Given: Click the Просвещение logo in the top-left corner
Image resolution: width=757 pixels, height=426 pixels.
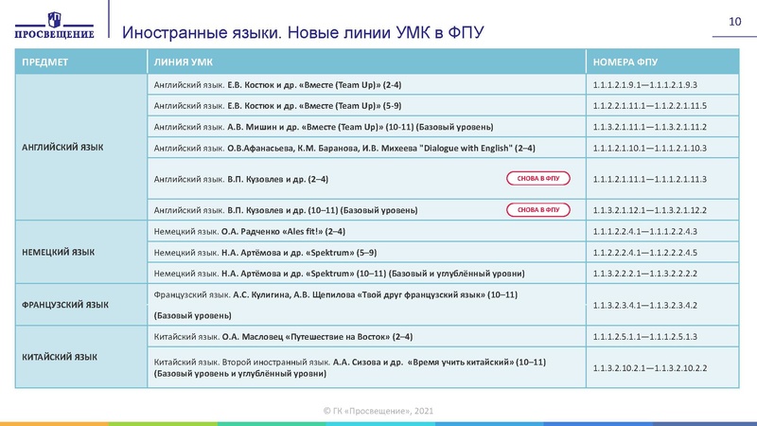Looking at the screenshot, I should pyautogui.click(x=54, y=22).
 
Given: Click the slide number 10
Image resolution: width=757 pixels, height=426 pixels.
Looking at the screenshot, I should pyautogui.click(x=733, y=22).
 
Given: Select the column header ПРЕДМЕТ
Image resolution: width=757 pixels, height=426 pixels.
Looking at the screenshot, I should pyautogui.click(x=44, y=62).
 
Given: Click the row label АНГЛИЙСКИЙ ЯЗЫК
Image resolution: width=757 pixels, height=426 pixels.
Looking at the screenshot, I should pyautogui.click(x=62, y=148).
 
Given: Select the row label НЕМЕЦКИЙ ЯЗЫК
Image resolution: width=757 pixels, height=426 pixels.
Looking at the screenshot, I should pyautogui.click(x=58, y=252).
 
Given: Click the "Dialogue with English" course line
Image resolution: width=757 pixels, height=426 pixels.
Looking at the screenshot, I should pyautogui.click(x=340, y=148).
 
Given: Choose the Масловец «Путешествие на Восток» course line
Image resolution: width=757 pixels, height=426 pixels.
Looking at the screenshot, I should pyautogui.click(x=283, y=336).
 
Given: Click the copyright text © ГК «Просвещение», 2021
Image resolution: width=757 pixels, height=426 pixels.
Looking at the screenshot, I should pyautogui.click(x=378, y=409).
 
